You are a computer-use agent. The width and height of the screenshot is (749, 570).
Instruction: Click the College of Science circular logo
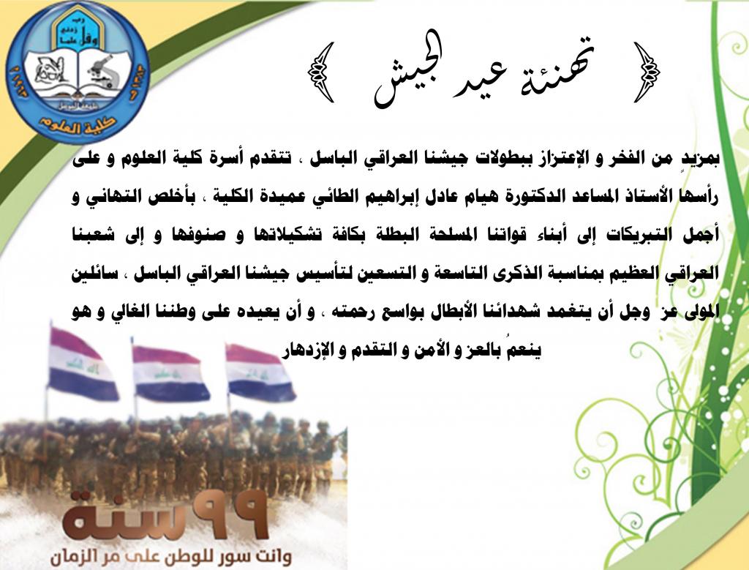tap(78, 72)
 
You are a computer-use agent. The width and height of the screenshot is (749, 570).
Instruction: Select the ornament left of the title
tap(321, 72)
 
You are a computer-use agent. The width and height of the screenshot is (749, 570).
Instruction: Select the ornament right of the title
tap(647, 72)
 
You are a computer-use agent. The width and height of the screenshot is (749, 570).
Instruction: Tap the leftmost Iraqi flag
tap(82, 364)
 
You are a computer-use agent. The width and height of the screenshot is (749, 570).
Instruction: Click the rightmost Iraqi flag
tap(260, 372)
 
